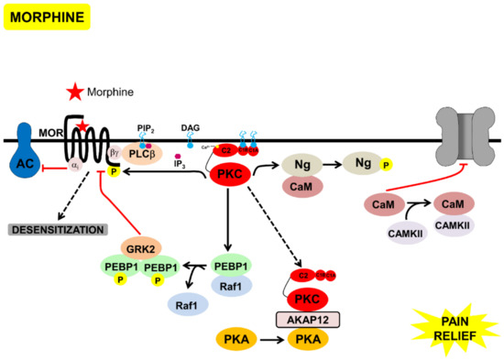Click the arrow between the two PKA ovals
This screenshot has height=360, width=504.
coord(267,341)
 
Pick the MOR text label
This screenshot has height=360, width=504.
coord(49,134)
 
